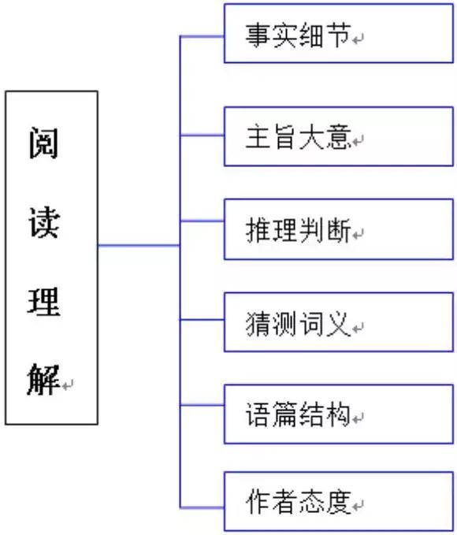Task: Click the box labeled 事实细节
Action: click(x=339, y=34)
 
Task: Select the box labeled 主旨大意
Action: click(x=339, y=136)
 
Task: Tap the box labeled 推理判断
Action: click(x=339, y=229)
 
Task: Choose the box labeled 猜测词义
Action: click(x=339, y=321)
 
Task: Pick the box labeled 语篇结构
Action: click(x=339, y=414)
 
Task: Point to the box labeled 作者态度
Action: click(x=339, y=501)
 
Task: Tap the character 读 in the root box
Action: click(x=44, y=223)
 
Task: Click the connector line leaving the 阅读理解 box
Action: click(x=139, y=247)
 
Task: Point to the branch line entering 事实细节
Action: click(x=202, y=36)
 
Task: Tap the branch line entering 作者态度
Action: click(x=202, y=506)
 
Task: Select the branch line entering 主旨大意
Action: click(x=202, y=136)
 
